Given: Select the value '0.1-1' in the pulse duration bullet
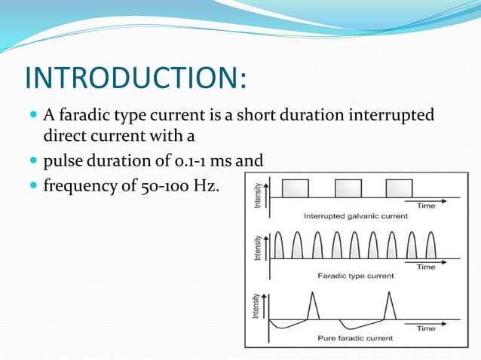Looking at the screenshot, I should pos(190,160).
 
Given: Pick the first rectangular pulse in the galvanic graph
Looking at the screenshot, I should pos(295,188).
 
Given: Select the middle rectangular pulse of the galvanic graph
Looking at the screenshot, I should pos(348,188).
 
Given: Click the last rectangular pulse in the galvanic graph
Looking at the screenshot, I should pos(399,188).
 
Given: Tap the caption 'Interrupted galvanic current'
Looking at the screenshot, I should pos(355,215).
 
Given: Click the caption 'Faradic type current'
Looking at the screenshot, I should pos(355,276).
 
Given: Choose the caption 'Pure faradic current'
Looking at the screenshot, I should pos(355,338).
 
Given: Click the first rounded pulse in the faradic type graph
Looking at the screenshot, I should pos(279,246).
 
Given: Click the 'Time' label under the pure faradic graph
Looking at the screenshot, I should pos(426,328).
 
